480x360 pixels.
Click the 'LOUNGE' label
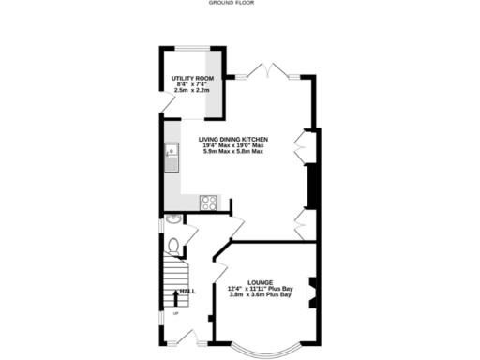coord(260,281)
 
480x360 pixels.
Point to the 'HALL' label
coord(188,292)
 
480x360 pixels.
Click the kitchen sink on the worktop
coord(172,156)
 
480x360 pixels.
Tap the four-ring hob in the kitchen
coord(208,202)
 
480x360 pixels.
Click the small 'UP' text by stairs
coord(175,327)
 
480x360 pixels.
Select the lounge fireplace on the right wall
coord(312,290)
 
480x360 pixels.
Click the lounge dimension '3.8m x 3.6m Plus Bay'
coord(260,295)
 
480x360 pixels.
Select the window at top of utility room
coord(193,46)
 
